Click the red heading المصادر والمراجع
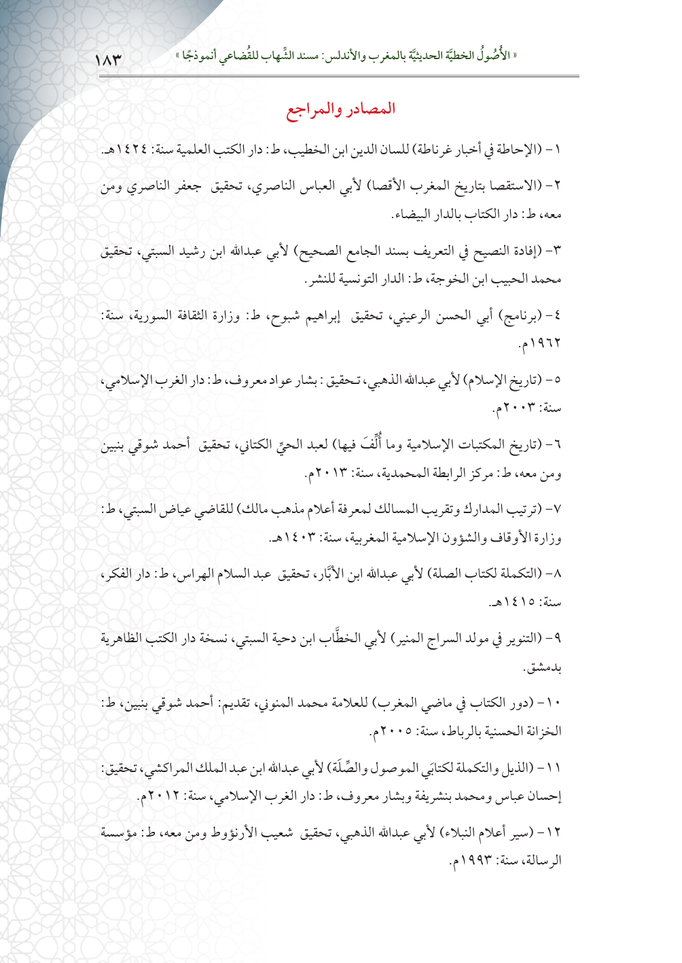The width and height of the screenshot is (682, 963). (x=340, y=109)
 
